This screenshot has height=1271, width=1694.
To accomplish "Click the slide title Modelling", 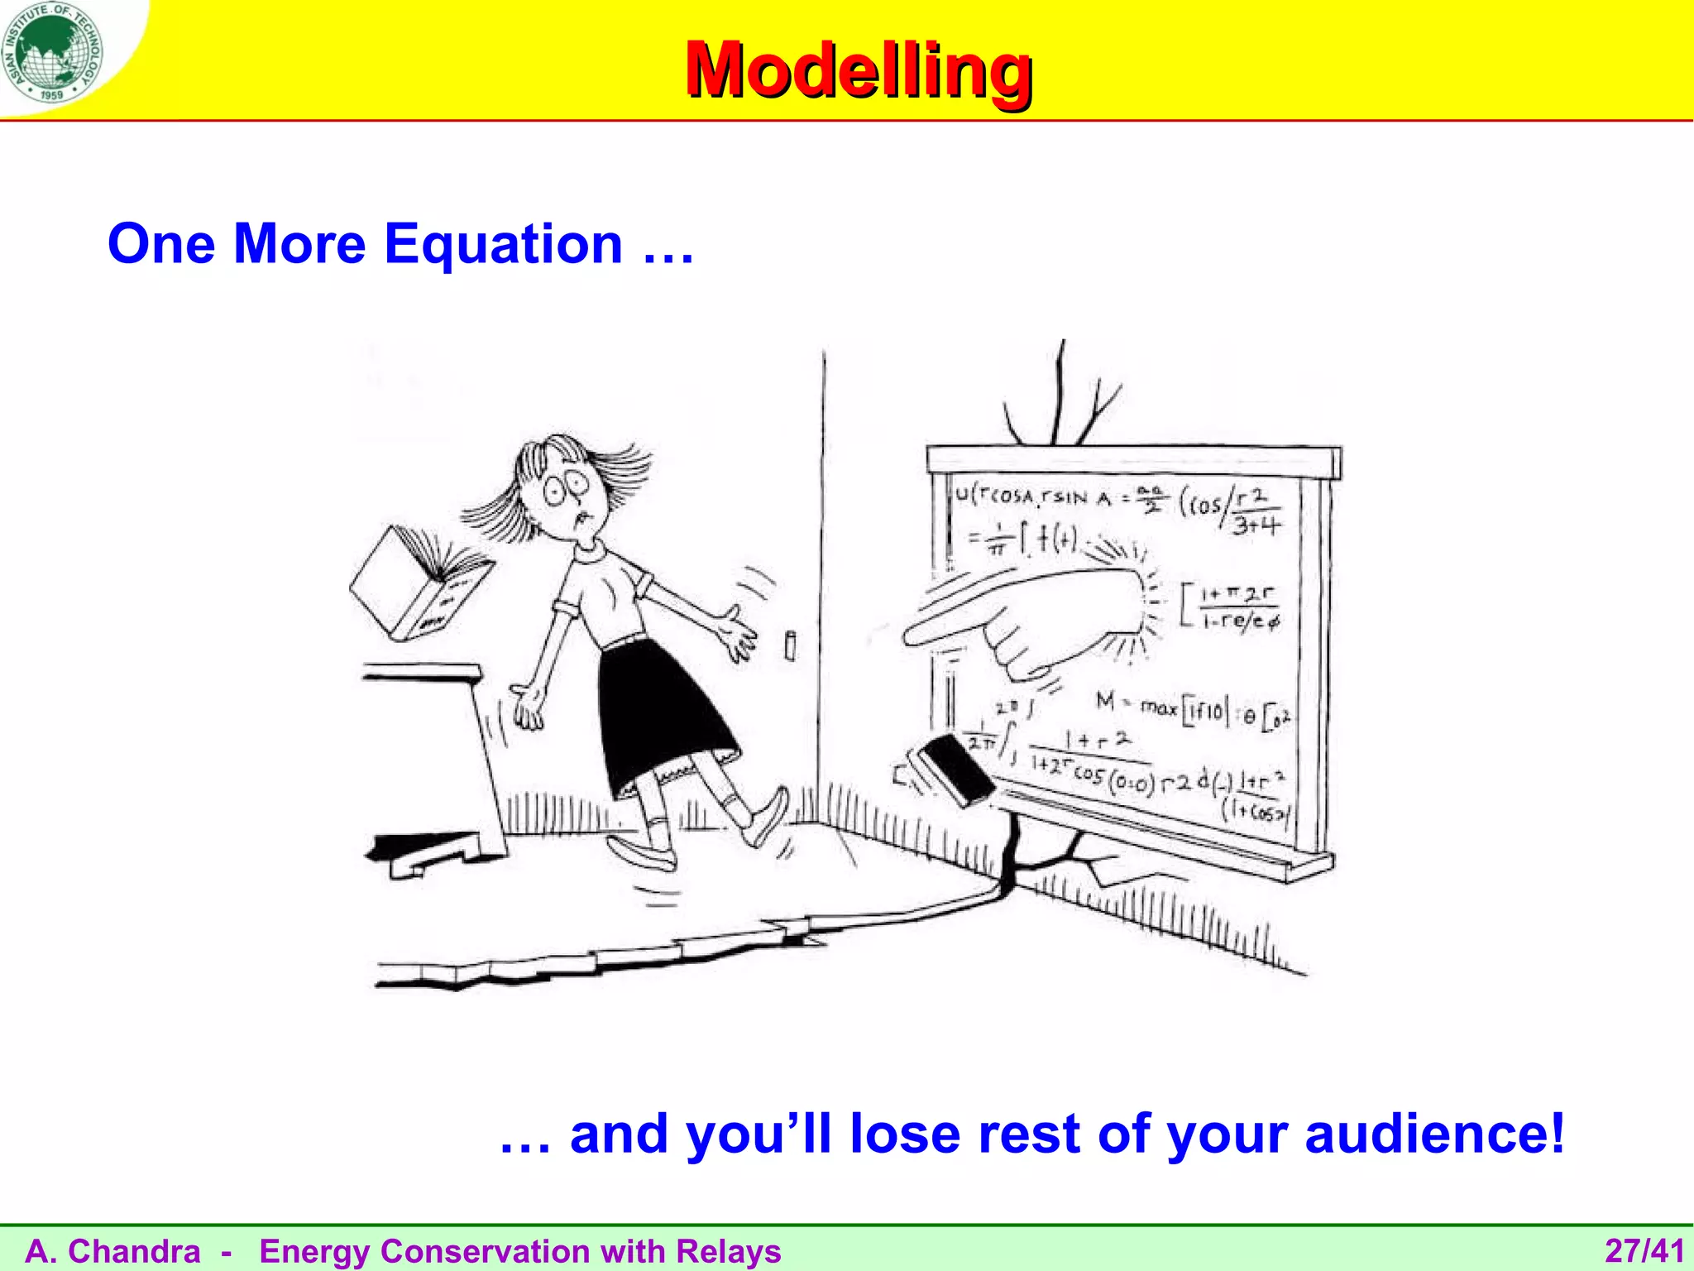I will pyautogui.click(x=858, y=70).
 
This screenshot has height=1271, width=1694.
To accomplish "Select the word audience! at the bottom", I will pyautogui.click(x=1434, y=1134).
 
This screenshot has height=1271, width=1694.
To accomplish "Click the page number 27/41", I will pyautogui.click(x=1644, y=1251).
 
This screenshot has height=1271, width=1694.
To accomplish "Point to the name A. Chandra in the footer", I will pyautogui.click(x=113, y=1251).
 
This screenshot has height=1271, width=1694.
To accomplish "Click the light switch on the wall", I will pyautogui.click(x=790, y=645).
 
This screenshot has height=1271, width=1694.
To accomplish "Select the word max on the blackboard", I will pyautogui.click(x=1158, y=707).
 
